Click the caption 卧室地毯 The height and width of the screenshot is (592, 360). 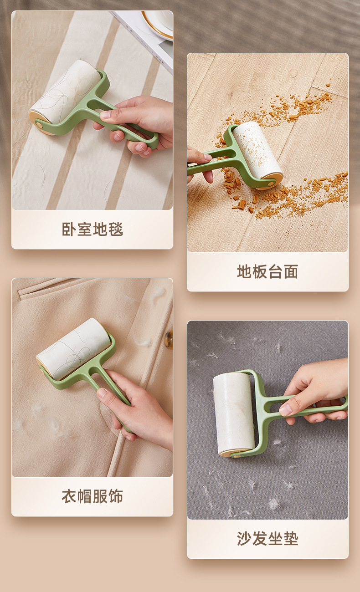coord(93,229)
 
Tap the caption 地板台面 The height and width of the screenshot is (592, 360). coord(267,271)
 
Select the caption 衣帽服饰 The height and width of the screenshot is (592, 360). coord(93,496)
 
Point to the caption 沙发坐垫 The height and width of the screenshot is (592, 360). coord(267,538)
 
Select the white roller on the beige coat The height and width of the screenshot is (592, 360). coord(74,348)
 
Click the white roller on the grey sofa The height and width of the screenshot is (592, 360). coord(234,413)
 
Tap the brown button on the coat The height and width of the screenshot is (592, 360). coord(169,340)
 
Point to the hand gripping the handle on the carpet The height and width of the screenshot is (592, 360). coord(137,125)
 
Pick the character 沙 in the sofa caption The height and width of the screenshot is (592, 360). coord(244,538)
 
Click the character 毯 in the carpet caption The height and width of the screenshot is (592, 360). coord(116,229)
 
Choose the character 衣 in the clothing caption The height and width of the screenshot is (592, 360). coord(69,496)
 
